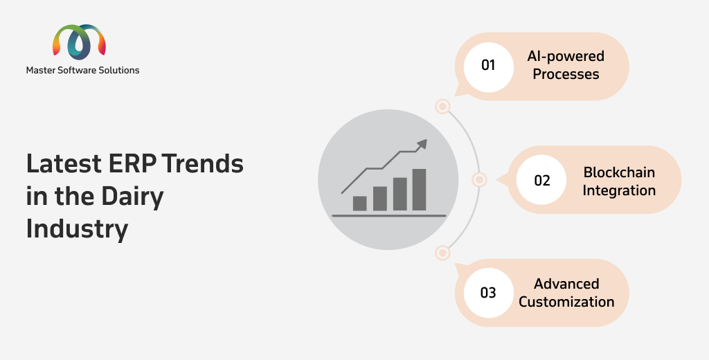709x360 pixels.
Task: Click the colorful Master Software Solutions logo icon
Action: point(80,42)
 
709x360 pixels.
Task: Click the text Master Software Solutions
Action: point(83,70)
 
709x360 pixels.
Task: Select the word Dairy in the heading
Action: point(132,197)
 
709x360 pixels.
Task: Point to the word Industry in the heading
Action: point(77,229)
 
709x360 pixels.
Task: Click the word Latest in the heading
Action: point(64,163)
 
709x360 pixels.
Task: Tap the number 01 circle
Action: point(488,66)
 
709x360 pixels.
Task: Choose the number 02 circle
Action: point(541,179)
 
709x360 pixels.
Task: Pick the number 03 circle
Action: point(488,293)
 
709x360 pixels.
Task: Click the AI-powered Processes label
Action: point(566,65)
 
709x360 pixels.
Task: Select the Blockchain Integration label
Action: point(619,181)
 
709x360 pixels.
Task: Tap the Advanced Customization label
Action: point(566,293)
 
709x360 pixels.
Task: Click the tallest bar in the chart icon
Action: point(419,190)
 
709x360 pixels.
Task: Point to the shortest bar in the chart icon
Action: point(359,203)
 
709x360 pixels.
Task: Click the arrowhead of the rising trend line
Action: point(422,144)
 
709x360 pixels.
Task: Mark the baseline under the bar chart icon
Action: point(389,216)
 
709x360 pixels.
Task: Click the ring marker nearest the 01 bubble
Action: point(442,107)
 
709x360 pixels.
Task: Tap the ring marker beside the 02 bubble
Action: point(479,179)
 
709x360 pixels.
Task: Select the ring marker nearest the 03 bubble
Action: point(442,253)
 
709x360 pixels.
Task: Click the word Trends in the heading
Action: point(203,163)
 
